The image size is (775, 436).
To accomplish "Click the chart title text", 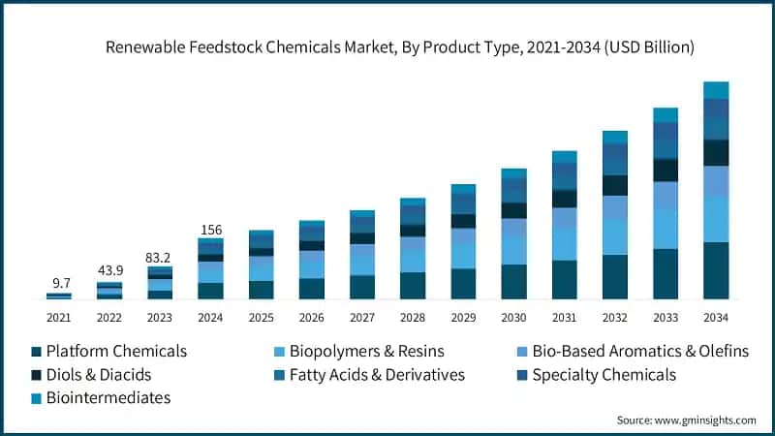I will (x=387, y=47).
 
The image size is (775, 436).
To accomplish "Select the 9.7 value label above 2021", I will (x=61, y=283).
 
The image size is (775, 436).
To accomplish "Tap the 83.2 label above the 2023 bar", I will (x=161, y=258).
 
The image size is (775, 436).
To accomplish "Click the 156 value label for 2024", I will (x=211, y=230).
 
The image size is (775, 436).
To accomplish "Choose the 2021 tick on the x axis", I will (x=60, y=318).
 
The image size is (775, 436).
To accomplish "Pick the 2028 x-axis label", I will (x=414, y=318).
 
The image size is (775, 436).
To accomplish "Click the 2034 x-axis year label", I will (x=716, y=318).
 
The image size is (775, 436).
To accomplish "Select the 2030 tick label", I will (x=514, y=318).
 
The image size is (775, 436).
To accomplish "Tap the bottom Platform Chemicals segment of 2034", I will (x=716, y=270).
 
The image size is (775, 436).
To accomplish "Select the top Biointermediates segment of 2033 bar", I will (x=666, y=115).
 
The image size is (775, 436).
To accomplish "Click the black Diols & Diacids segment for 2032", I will (x=615, y=185).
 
